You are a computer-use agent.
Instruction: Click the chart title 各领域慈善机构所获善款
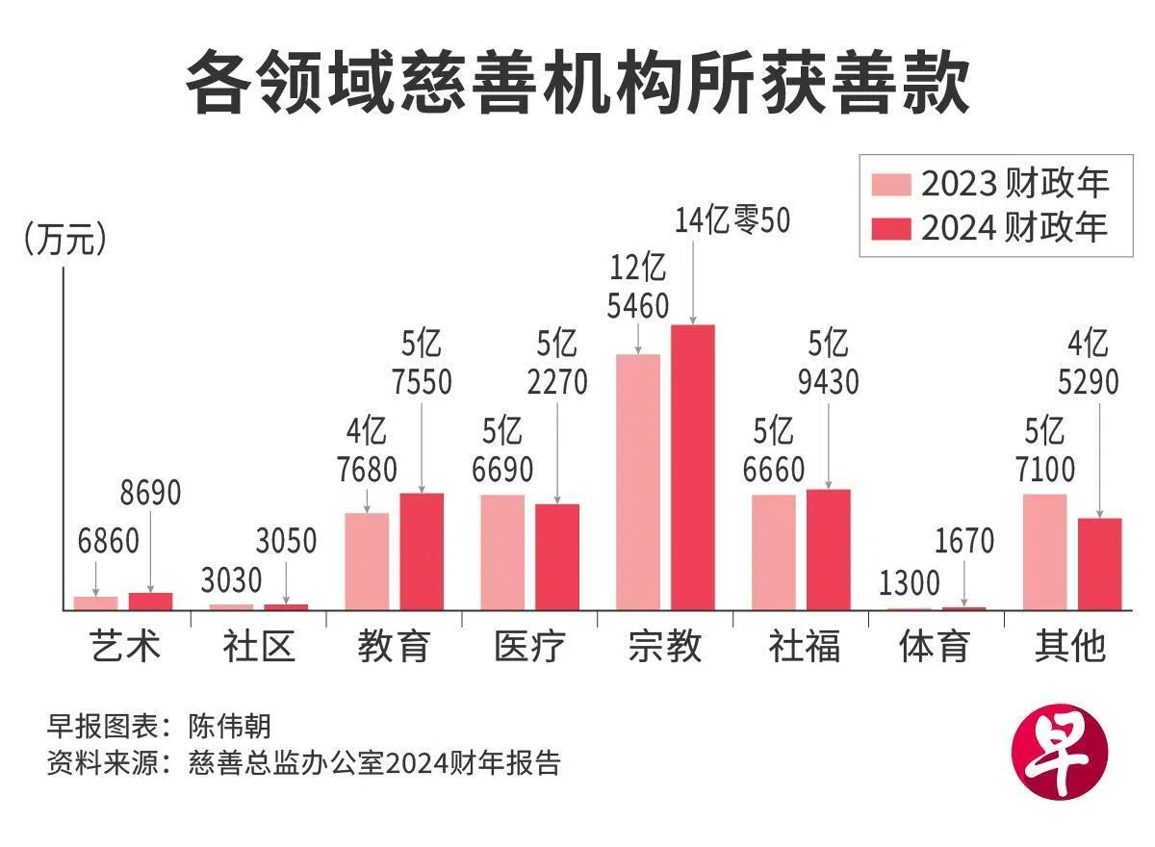click(577, 84)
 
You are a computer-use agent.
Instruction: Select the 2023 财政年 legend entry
click(990, 183)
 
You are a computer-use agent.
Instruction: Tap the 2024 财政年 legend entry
click(990, 227)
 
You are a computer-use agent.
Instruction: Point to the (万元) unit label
click(64, 241)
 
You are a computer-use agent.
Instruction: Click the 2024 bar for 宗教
click(693, 467)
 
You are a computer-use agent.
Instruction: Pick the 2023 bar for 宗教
click(638, 481)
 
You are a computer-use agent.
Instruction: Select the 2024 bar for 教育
click(422, 551)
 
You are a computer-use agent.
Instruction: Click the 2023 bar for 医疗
click(502, 552)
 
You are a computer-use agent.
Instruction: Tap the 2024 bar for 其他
click(1100, 563)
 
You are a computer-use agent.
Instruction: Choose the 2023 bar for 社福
click(774, 552)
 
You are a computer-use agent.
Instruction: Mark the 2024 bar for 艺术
click(150, 601)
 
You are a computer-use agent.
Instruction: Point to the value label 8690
click(150, 493)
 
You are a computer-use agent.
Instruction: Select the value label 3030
click(231, 580)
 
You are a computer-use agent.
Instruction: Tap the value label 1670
click(964, 541)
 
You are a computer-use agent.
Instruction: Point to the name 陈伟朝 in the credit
click(232, 725)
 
